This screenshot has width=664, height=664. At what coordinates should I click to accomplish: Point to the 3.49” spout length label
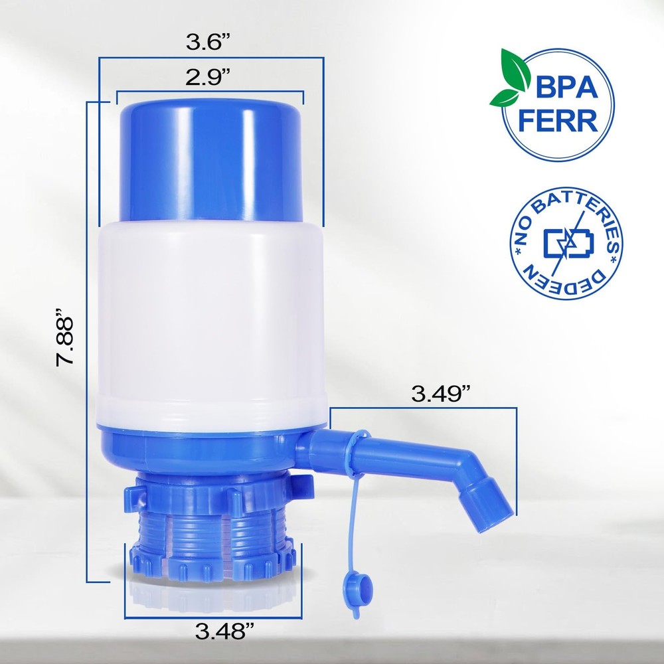pyautogui.click(x=442, y=394)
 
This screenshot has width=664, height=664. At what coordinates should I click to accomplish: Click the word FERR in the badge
pyautogui.click(x=566, y=123)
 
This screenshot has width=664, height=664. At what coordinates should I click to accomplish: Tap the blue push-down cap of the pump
pyautogui.click(x=212, y=159)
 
